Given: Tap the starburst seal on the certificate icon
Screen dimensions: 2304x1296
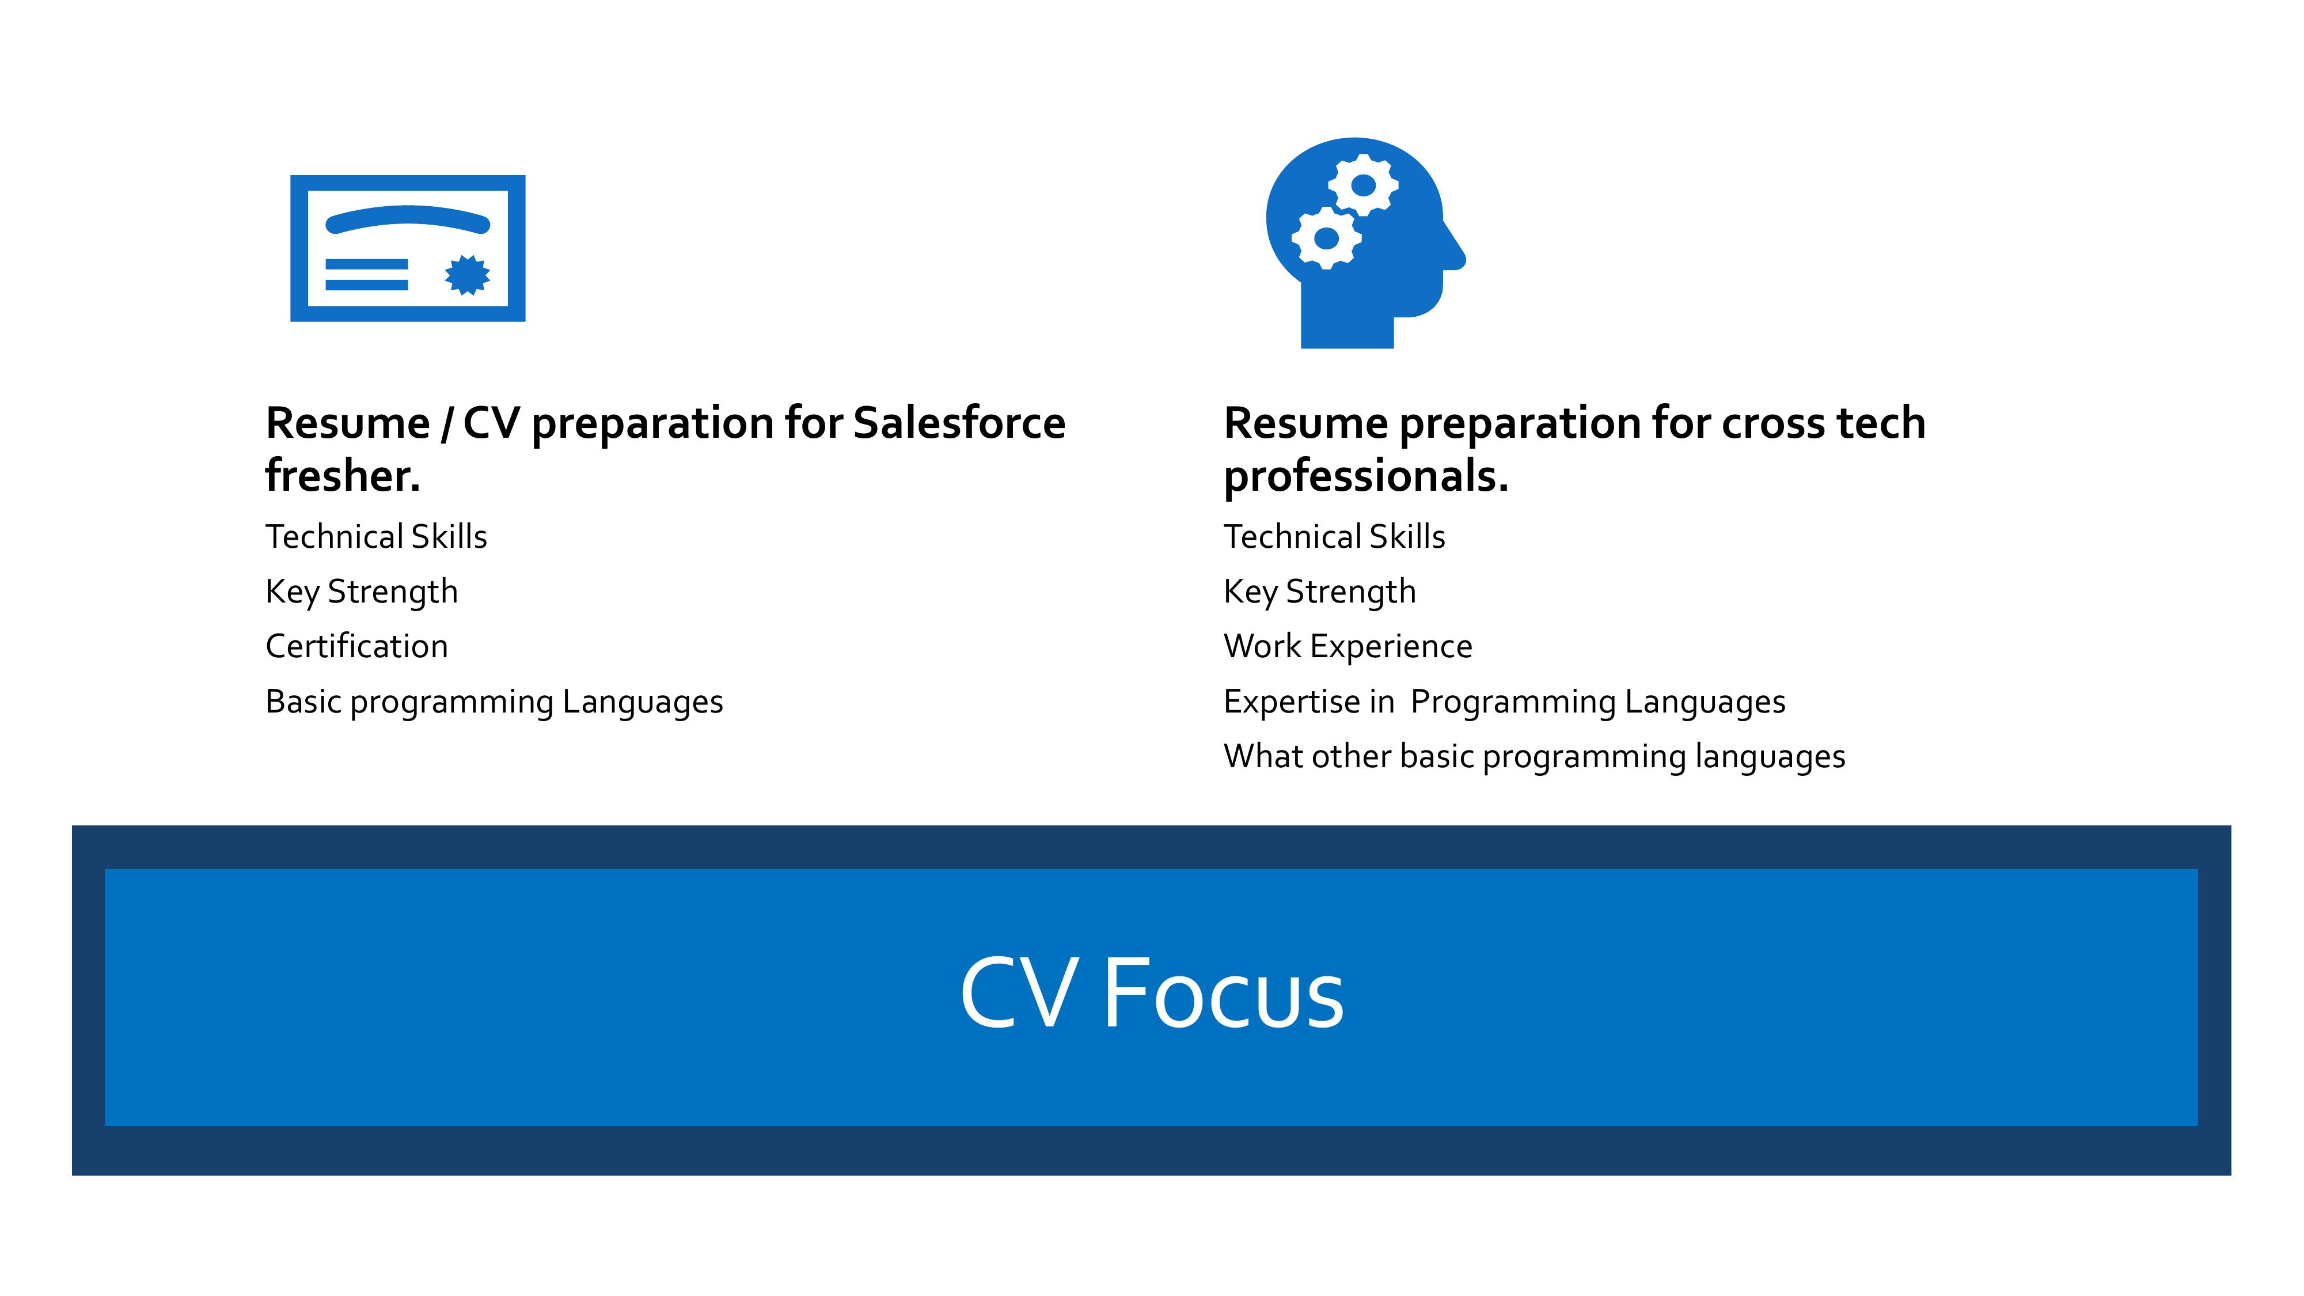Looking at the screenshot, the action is pos(467,275).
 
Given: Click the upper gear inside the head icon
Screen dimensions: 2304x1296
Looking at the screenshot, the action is pos(1363,185).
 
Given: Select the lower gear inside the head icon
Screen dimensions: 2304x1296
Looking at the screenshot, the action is pos(1326,238).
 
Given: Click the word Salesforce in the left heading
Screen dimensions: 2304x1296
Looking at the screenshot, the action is pos(959,423).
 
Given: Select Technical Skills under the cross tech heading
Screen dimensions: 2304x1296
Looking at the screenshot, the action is pos(1334,537).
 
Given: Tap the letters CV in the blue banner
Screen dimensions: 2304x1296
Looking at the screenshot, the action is pos(1019,994).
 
